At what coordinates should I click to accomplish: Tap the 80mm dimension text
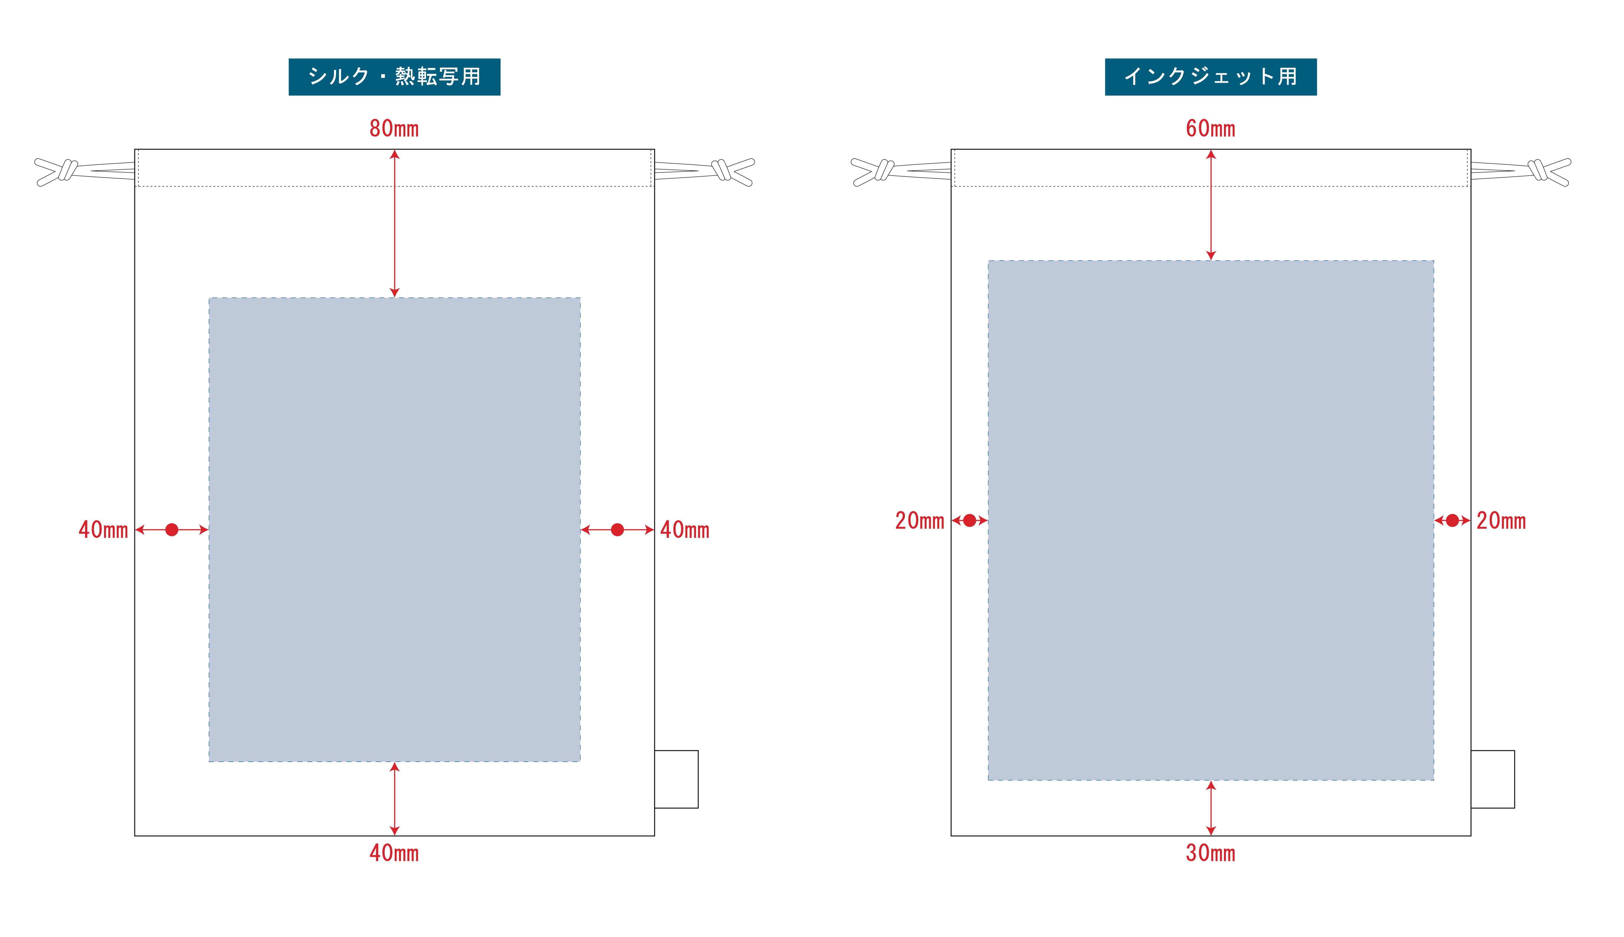click(x=394, y=129)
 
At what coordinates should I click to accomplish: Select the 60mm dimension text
click(x=1210, y=129)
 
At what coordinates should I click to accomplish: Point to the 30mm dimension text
click(x=1210, y=853)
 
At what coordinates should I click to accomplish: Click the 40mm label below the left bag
click(x=394, y=853)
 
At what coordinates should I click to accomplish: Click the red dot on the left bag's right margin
click(x=617, y=529)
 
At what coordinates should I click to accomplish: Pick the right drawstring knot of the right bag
click(x=1539, y=170)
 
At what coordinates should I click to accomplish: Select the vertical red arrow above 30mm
click(x=1211, y=808)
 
